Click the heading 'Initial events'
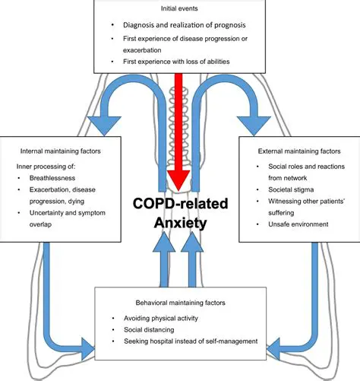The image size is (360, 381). tap(179, 8)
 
